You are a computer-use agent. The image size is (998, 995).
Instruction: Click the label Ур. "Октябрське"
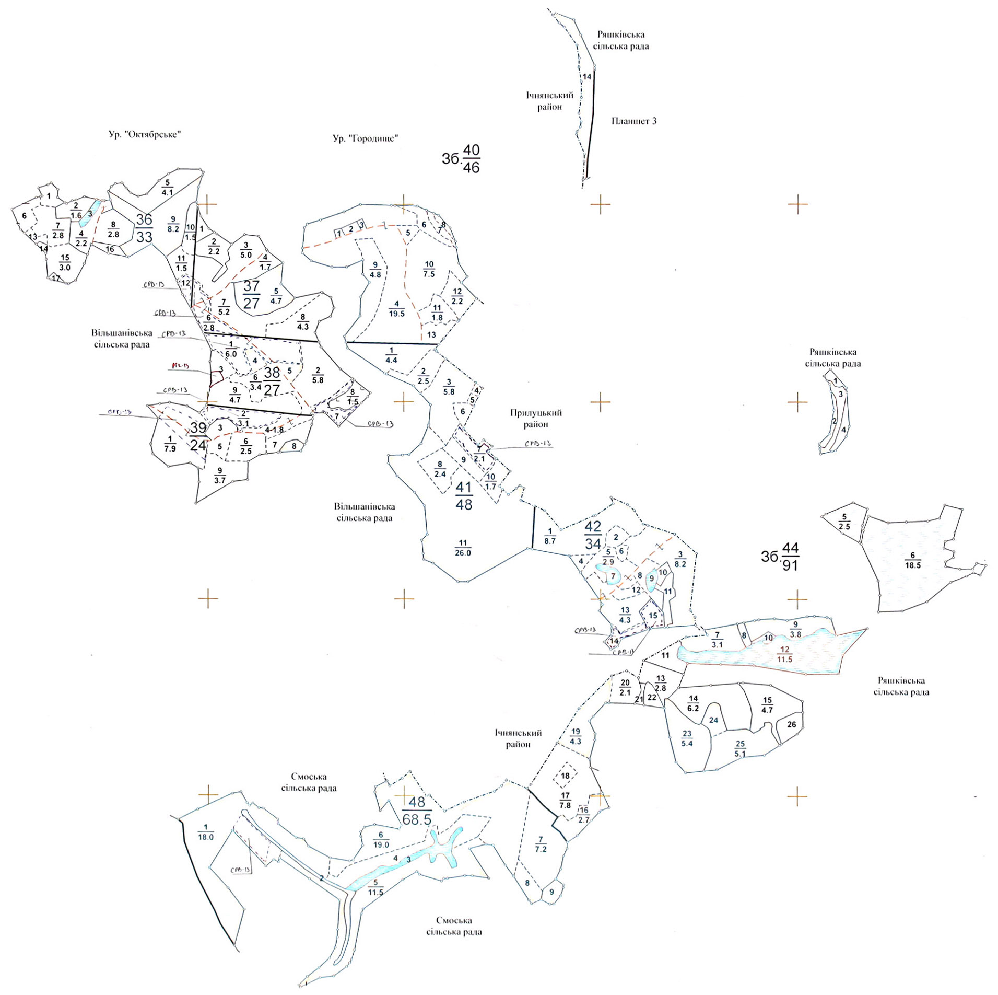tap(145, 134)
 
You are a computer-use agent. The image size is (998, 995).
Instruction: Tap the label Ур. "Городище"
tap(366, 138)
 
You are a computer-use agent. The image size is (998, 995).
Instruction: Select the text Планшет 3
tap(633, 121)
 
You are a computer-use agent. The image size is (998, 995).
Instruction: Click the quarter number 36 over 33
tap(144, 228)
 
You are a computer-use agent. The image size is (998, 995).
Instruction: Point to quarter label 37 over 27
tap(251, 294)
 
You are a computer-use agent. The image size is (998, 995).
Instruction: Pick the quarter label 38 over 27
tap(272, 381)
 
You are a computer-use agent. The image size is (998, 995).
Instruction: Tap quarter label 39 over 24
tap(198, 436)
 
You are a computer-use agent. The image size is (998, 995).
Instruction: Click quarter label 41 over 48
tap(464, 495)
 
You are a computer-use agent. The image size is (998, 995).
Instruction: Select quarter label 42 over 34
tap(593, 535)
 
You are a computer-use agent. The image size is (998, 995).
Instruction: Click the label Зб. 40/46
tap(461, 159)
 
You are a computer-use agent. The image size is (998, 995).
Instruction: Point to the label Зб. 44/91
tap(780, 557)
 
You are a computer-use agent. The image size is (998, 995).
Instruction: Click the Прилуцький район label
tap(536, 419)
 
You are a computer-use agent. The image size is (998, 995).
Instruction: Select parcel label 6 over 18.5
tap(912, 560)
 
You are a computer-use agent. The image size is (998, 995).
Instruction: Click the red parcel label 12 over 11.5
tap(784, 654)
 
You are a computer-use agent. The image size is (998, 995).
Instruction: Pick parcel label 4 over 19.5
tap(396, 309)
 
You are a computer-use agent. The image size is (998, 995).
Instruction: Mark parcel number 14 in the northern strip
tap(587, 77)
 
